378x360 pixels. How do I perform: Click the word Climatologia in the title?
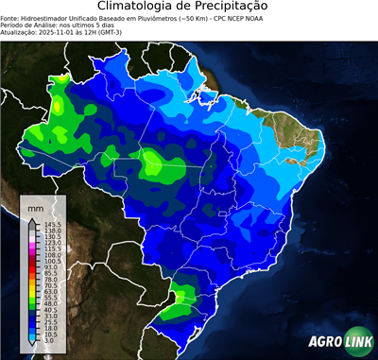coord(139,7)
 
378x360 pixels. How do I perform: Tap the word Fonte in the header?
coord(9,18)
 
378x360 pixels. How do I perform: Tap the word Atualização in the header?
coord(20,32)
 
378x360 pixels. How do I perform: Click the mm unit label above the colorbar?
coord(35,206)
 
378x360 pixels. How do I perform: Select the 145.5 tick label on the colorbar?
coord(53,223)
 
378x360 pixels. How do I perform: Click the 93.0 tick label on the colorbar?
coord(51,266)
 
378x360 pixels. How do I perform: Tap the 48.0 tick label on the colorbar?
coord(51,301)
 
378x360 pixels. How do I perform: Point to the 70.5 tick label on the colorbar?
coord(51,283)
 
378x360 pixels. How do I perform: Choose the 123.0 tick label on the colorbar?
coord(53,242)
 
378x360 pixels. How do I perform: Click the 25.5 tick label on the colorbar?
coord(51,319)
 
